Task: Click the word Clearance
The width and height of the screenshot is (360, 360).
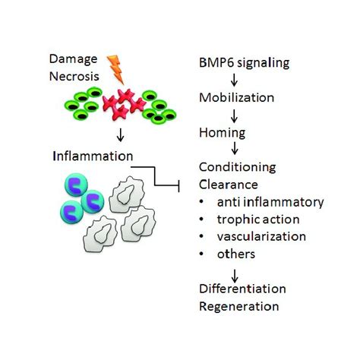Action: click(x=227, y=185)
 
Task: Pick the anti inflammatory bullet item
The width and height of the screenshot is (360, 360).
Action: click(x=259, y=202)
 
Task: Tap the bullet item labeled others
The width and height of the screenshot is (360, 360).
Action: click(x=235, y=254)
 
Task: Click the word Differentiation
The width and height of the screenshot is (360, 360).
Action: click(x=242, y=289)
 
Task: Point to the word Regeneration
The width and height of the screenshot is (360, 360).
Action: click(x=238, y=307)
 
